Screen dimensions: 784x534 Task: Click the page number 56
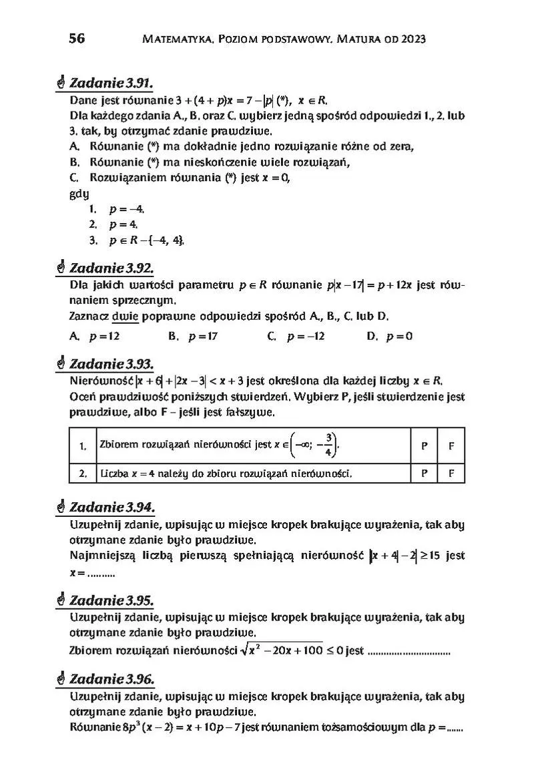pos(77,38)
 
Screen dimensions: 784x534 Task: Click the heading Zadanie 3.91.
pos(111,83)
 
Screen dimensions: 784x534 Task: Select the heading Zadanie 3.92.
pos(111,268)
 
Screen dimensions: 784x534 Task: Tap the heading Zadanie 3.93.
pos(111,364)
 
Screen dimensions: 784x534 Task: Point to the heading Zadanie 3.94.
pos(111,508)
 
